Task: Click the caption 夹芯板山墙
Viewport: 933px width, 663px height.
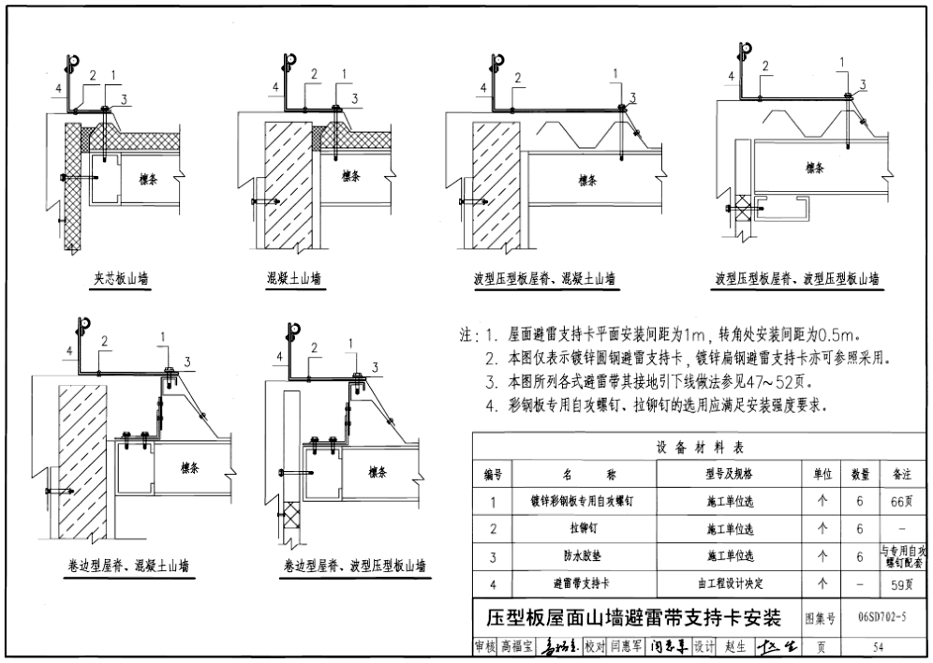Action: (120, 278)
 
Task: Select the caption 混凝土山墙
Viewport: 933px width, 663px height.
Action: (293, 278)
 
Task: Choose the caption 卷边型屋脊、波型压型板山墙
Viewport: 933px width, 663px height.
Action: (354, 566)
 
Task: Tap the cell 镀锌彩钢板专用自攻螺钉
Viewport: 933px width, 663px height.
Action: (581, 501)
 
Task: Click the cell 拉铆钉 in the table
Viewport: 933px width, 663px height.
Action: (581, 529)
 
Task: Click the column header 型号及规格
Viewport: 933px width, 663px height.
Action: (730, 475)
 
